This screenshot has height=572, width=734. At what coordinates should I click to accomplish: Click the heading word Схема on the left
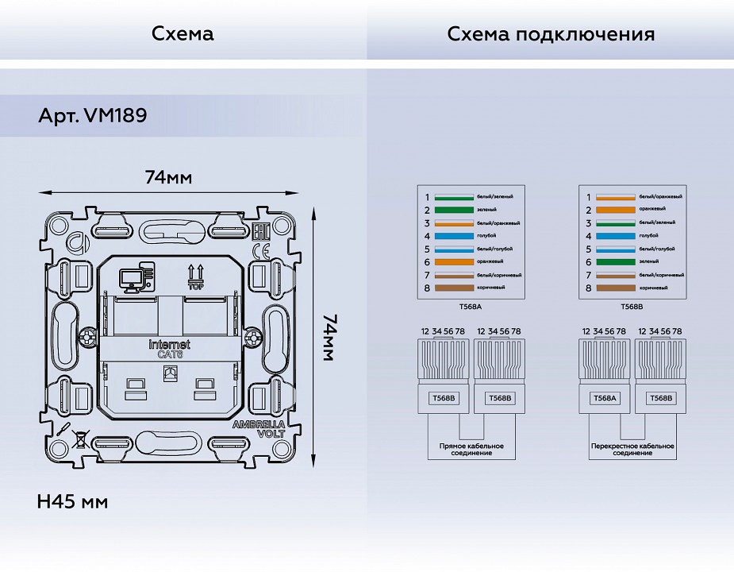(183, 34)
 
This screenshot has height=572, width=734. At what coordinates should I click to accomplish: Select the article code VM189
(114, 115)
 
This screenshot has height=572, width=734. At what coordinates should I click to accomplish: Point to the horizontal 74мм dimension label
(167, 177)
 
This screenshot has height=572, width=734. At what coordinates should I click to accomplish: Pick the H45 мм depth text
(72, 502)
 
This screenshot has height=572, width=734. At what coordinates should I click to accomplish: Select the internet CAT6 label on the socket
(170, 350)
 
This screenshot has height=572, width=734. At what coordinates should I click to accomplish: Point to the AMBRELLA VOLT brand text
(258, 430)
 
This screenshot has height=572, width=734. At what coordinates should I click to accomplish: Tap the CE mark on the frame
(259, 252)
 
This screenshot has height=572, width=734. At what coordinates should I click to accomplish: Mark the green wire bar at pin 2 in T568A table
(455, 211)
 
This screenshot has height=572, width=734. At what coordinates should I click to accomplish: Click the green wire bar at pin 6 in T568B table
(617, 262)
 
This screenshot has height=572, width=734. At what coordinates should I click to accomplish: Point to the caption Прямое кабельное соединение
(471, 450)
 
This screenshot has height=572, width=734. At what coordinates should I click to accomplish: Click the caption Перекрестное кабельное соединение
(632, 450)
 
